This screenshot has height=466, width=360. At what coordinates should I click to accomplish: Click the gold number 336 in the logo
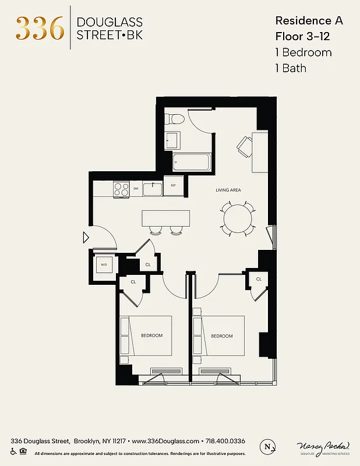40,28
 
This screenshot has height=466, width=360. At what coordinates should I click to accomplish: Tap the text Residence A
309,20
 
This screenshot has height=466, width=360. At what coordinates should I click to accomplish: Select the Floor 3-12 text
303,36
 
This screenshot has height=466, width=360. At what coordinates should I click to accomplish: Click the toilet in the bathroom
174,119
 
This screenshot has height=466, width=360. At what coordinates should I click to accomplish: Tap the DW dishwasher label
136,188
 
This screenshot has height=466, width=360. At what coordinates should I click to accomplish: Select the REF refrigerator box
173,186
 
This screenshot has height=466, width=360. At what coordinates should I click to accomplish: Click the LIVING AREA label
228,190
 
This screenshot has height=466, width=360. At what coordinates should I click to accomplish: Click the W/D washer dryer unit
104,264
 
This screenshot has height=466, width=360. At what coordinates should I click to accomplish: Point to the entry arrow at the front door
85,238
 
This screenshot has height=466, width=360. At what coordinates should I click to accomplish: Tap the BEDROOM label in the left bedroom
151,336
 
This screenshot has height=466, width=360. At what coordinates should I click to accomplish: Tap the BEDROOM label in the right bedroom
221,336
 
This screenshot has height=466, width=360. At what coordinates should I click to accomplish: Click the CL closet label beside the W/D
148,265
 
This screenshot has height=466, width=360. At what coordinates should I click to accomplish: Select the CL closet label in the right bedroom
259,280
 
